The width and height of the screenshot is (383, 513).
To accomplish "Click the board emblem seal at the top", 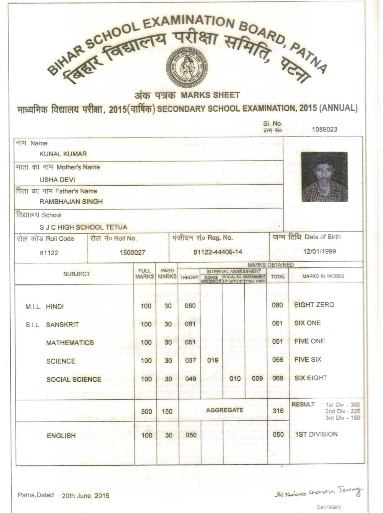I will (187, 67).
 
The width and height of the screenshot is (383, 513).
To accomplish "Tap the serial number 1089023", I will (324, 129).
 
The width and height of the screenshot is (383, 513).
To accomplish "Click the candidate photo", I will (324, 177).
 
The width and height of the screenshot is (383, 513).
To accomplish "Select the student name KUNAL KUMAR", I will (63, 154).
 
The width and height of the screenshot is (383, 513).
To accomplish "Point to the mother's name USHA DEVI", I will (57, 180).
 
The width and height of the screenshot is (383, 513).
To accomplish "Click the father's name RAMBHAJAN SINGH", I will (71, 202).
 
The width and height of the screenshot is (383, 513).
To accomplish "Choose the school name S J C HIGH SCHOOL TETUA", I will (83, 227).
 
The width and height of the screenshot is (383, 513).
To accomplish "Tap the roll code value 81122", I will (49, 253).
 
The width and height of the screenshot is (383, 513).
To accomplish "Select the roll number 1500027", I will (132, 253).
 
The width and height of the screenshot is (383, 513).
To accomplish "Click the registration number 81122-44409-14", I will (218, 252).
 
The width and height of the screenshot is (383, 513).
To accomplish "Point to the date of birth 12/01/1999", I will (320, 251).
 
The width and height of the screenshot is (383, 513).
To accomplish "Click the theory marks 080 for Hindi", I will (190, 306).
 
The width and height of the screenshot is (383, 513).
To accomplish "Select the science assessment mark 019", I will (212, 360).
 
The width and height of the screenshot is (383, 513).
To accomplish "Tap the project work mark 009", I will (257, 378).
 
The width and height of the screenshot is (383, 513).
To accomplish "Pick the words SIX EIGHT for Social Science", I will (311, 378).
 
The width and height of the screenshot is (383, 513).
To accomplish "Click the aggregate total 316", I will (278, 411).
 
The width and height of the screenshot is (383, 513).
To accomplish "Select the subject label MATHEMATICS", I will (70, 343).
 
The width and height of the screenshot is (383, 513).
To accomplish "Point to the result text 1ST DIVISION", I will (316, 434).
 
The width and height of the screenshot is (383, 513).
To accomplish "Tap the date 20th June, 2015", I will (85, 496).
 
